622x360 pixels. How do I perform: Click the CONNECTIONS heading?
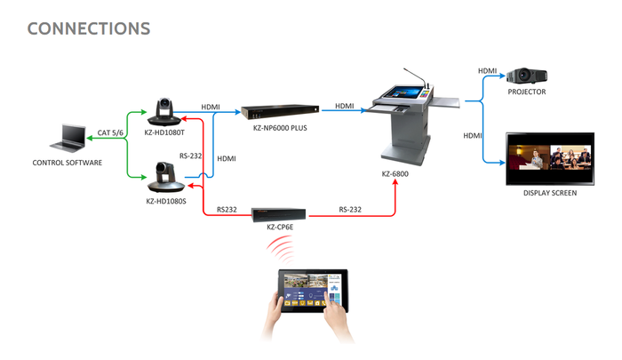(x=89, y=28)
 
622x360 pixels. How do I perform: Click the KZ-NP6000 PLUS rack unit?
(x=280, y=113)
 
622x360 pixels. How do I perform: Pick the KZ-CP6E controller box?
(x=279, y=214)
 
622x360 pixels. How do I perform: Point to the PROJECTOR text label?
(x=526, y=92)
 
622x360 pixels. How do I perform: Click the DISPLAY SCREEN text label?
(x=550, y=193)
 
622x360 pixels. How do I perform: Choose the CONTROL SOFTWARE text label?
(x=68, y=163)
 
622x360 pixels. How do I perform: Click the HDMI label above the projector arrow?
(x=488, y=70)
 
